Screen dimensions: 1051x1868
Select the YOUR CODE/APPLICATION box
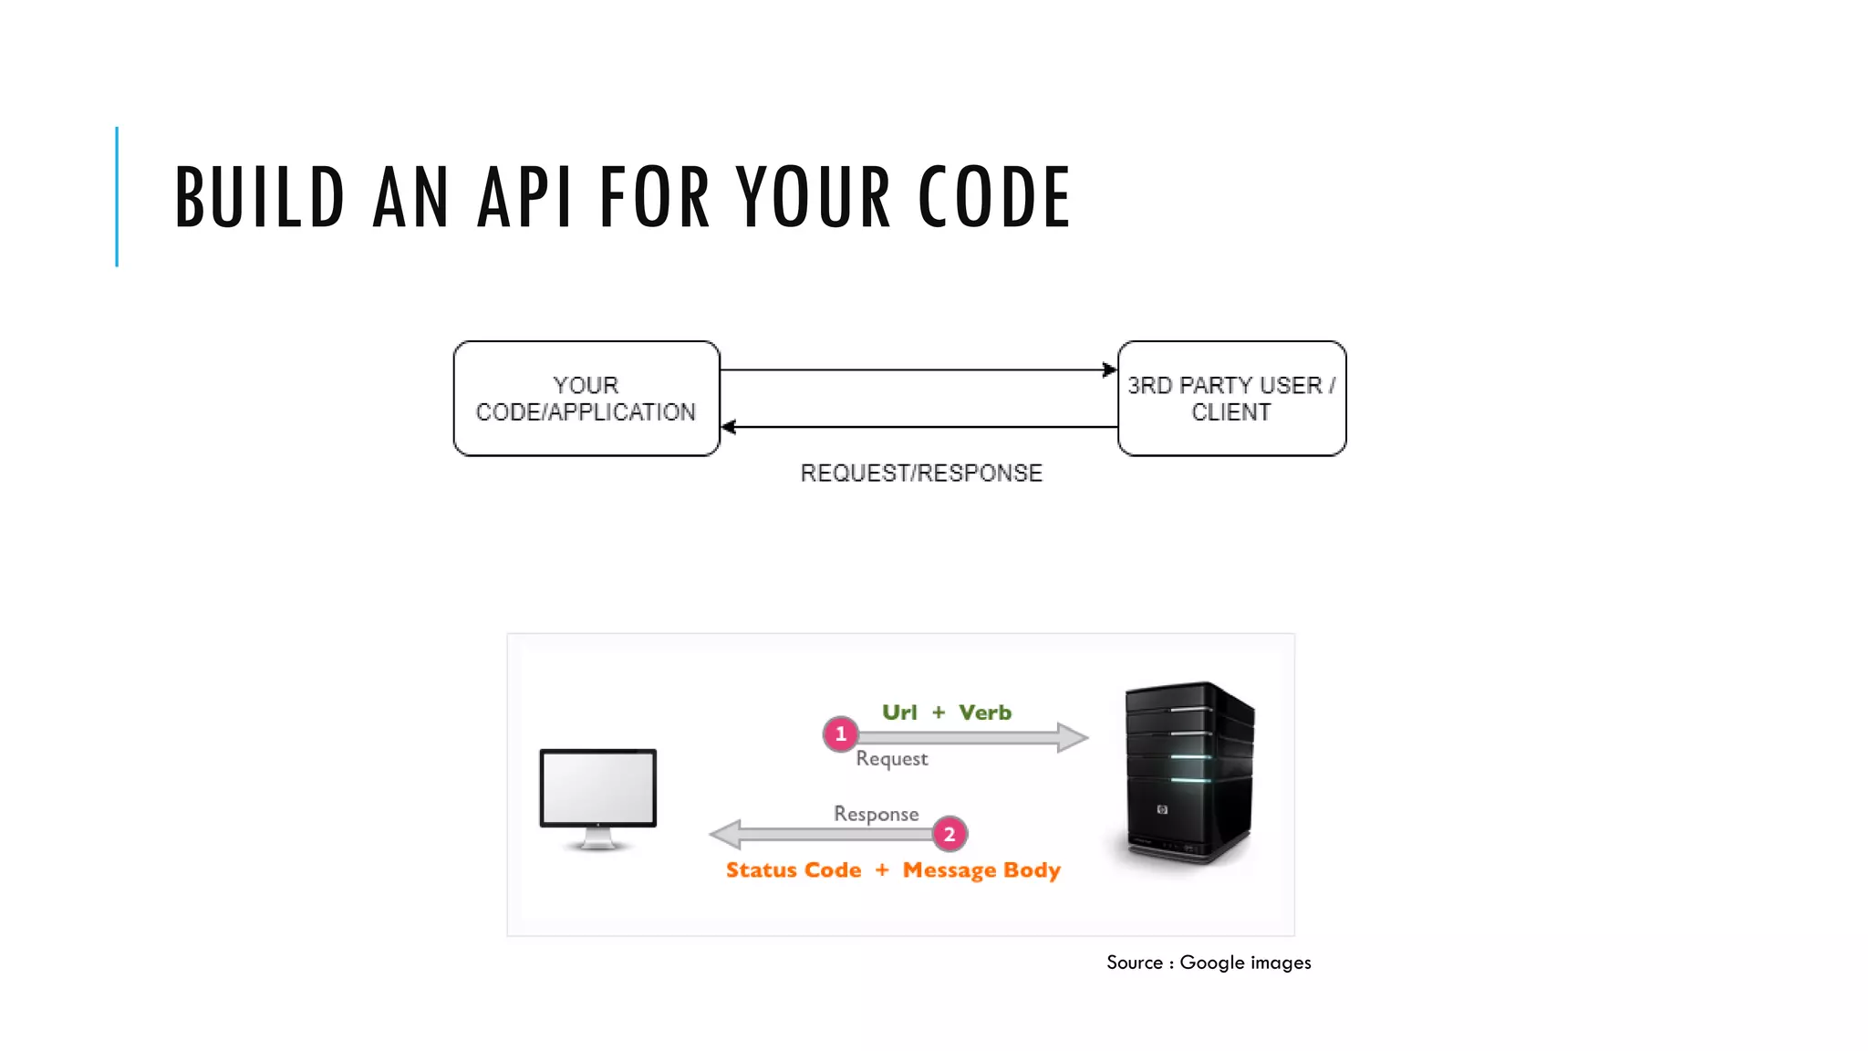coord(586,399)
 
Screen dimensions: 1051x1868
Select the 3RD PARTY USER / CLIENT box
coord(1231,399)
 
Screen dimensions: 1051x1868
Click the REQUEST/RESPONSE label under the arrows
coord(921,473)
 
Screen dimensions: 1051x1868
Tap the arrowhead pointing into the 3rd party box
coord(1109,369)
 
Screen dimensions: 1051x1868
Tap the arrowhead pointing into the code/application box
coord(729,426)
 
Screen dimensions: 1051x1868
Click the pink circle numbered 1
coord(840,734)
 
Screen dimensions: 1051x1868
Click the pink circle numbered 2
coord(950,834)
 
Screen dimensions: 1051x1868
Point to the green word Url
coord(899,713)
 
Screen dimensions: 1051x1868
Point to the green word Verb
coord(985,713)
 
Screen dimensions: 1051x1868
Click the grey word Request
coord(891,759)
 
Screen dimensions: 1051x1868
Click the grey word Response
coord(876,814)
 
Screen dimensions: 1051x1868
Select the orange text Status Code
coord(794,870)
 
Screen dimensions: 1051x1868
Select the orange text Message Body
coord(981,870)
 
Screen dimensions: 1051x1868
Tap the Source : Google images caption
coord(1209,963)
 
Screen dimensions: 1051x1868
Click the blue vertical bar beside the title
coord(117,197)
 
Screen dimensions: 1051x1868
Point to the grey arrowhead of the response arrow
coord(726,834)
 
